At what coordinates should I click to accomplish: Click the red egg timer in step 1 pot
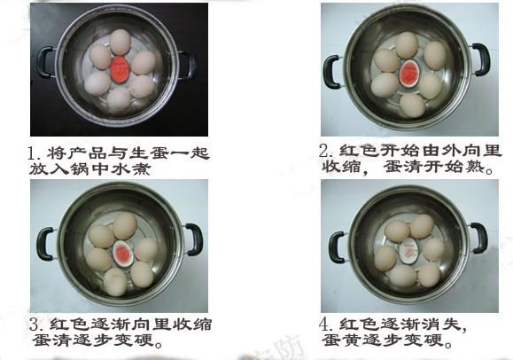point(120,70)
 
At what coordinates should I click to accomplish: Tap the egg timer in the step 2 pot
point(408,74)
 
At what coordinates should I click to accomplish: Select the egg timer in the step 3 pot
point(122,254)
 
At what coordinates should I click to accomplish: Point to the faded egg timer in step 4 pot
point(408,252)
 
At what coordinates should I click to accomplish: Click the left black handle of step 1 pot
point(43,62)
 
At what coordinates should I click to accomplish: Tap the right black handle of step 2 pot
point(482,59)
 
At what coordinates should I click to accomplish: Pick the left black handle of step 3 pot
point(44,244)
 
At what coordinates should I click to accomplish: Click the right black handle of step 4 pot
point(479,239)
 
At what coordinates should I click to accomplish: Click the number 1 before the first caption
point(33,153)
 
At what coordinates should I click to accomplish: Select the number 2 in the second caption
point(324,151)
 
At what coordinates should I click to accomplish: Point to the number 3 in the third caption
point(34,325)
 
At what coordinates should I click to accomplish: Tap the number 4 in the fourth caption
point(324,325)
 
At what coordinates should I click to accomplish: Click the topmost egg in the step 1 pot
point(120,42)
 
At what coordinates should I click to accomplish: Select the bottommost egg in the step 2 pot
point(412,106)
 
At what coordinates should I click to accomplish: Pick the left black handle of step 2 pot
point(332,72)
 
